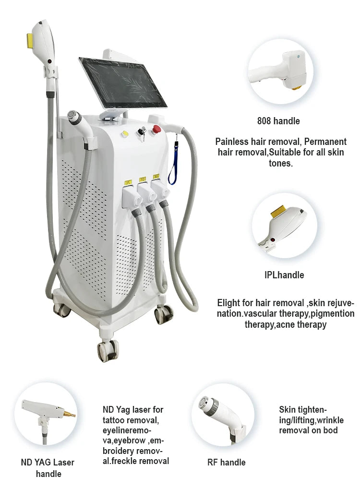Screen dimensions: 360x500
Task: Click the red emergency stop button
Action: pos(156,129)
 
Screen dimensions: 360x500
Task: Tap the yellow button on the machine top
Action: pos(125,134)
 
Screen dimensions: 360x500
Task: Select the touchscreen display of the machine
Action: pos(123,83)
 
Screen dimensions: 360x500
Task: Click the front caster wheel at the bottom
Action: pos(108,350)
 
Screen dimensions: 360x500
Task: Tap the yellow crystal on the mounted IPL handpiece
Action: pos(30,40)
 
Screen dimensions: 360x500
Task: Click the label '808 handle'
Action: pos(278,121)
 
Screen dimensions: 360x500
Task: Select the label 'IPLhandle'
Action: pos(284,275)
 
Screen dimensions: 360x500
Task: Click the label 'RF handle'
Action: pos(227,463)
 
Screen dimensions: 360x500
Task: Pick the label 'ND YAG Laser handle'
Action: pos(48,468)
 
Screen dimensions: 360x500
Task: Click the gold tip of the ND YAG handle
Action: pos(69,414)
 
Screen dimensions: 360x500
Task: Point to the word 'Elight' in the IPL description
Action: pos(228,303)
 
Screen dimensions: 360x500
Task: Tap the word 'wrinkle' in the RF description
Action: pos(330,420)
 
